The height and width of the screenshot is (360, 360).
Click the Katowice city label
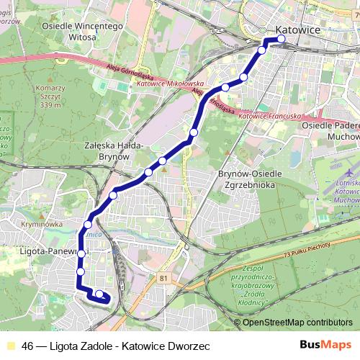point(298,30)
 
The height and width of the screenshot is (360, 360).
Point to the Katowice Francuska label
point(269,115)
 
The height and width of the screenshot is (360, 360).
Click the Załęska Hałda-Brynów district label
point(114,150)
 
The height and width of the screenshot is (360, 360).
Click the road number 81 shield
point(165,277)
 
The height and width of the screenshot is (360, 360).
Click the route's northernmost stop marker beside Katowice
point(281,40)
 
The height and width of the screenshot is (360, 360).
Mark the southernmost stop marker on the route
point(99,294)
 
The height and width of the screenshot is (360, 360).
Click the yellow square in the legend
point(10,346)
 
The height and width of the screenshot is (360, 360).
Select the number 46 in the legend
point(27,346)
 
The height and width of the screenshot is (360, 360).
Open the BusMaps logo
point(325,346)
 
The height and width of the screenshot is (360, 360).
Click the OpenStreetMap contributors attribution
point(297,323)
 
